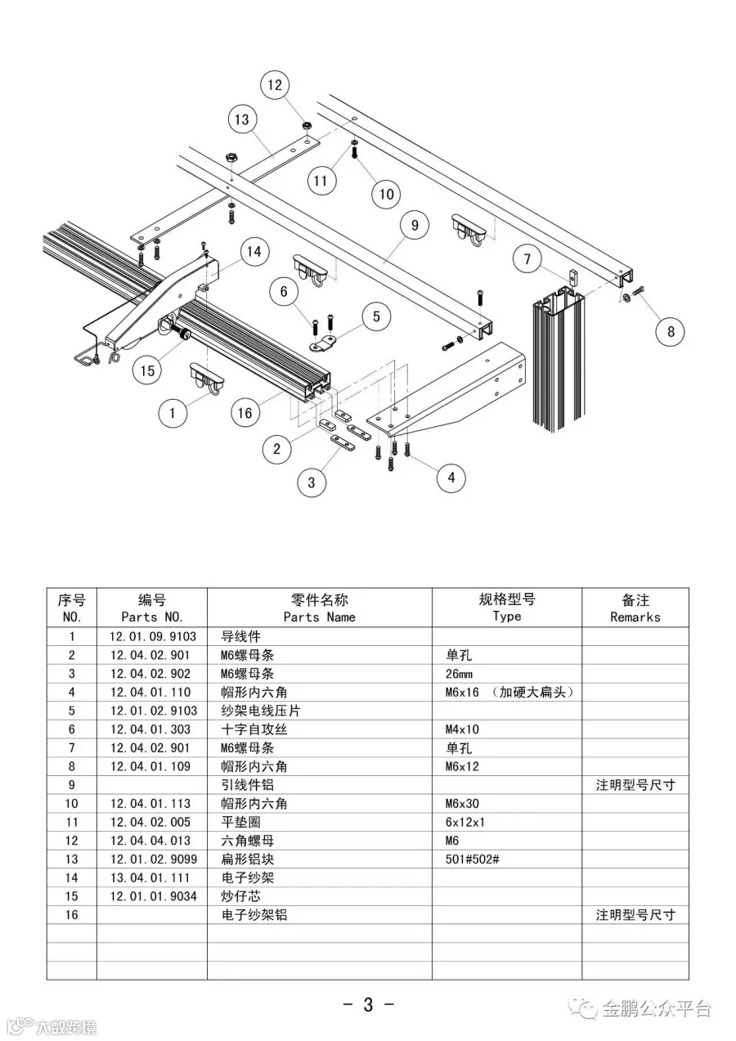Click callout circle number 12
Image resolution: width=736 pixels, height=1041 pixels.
click(275, 84)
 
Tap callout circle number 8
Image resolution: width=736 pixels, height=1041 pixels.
click(671, 331)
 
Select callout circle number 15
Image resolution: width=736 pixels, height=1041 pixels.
click(147, 370)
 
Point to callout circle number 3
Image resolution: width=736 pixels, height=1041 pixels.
click(311, 482)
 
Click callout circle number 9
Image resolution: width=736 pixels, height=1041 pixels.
click(415, 224)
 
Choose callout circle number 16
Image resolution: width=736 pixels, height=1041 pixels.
click(245, 413)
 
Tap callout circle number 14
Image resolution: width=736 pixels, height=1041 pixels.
click(254, 251)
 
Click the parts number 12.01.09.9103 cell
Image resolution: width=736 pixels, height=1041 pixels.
click(152, 636)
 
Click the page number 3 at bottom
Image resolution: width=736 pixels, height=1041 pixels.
click(368, 1004)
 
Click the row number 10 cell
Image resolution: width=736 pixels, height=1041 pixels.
click(72, 804)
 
